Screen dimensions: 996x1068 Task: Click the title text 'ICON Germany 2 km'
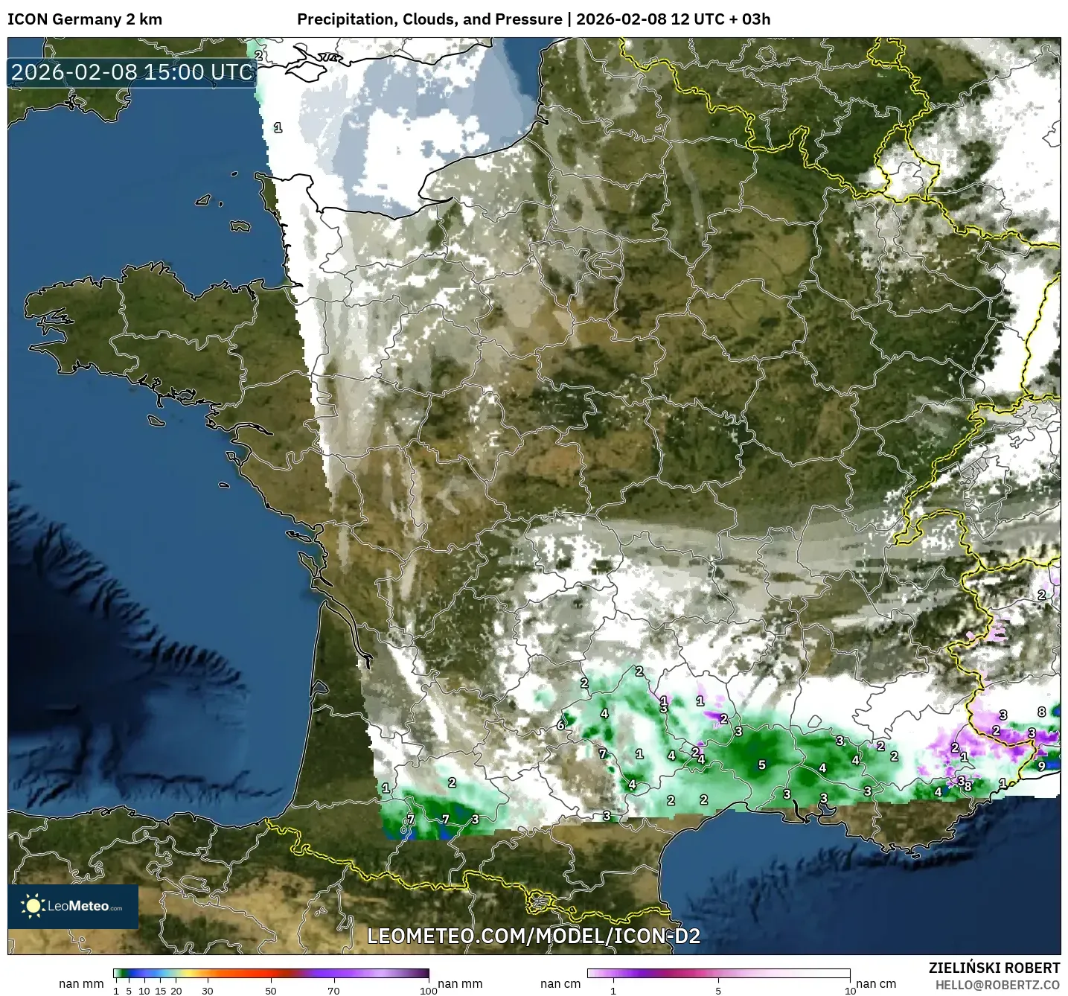pyautogui.click(x=85, y=19)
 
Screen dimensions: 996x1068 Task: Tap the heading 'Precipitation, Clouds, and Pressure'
pyautogui.click(x=429, y=19)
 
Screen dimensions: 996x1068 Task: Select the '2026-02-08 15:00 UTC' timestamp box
pyautogui.click(x=132, y=72)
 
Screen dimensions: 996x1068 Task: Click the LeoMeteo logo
pyautogui.click(x=73, y=906)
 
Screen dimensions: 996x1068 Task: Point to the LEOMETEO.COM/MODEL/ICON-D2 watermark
pyautogui.click(x=534, y=936)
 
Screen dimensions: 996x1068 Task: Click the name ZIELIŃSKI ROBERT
pyautogui.click(x=994, y=968)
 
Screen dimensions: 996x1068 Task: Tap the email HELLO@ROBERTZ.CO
pyautogui.click(x=997, y=985)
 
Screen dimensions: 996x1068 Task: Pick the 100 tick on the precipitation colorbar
pyautogui.click(x=429, y=990)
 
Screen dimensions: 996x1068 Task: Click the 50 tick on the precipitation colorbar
pyautogui.click(x=271, y=990)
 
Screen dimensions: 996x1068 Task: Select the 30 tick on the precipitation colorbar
pyautogui.click(x=208, y=990)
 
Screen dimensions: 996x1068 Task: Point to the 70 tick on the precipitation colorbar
pyautogui.click(x=333, y=990)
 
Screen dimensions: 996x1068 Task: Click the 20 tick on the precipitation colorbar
pyautogui.click(x=176, y=990)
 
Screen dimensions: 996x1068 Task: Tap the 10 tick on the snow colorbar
pyautogui.click(x=850, y=990)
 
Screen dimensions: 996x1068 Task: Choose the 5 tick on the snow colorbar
pyautogui.click(x=718, y=990)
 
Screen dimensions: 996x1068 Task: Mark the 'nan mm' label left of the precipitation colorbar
pyautogui.click(x=81, y=984)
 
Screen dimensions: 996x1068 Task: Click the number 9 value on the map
pyautogui.click(x=1041, y=766)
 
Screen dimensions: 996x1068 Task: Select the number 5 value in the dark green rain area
pyautogui.click(x=761, y=764)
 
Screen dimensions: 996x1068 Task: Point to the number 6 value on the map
pyautogui.click(x=560, y=724)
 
